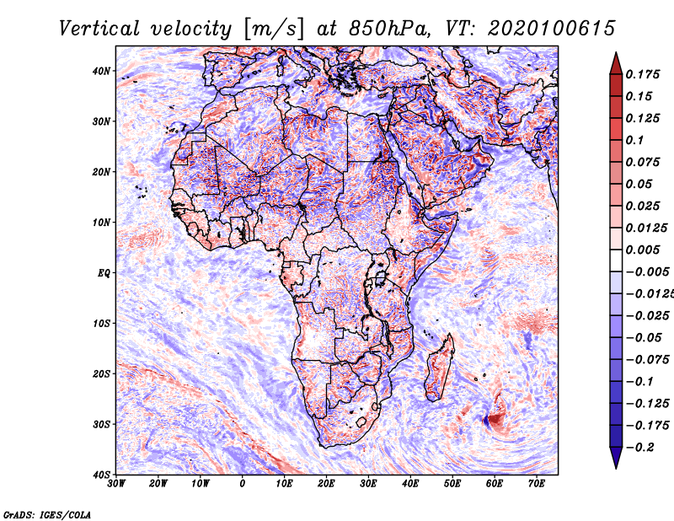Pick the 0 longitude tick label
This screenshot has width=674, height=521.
(243, 484)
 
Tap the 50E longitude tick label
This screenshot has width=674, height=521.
(452, 484)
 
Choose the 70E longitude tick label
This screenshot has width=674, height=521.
(536, 484)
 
